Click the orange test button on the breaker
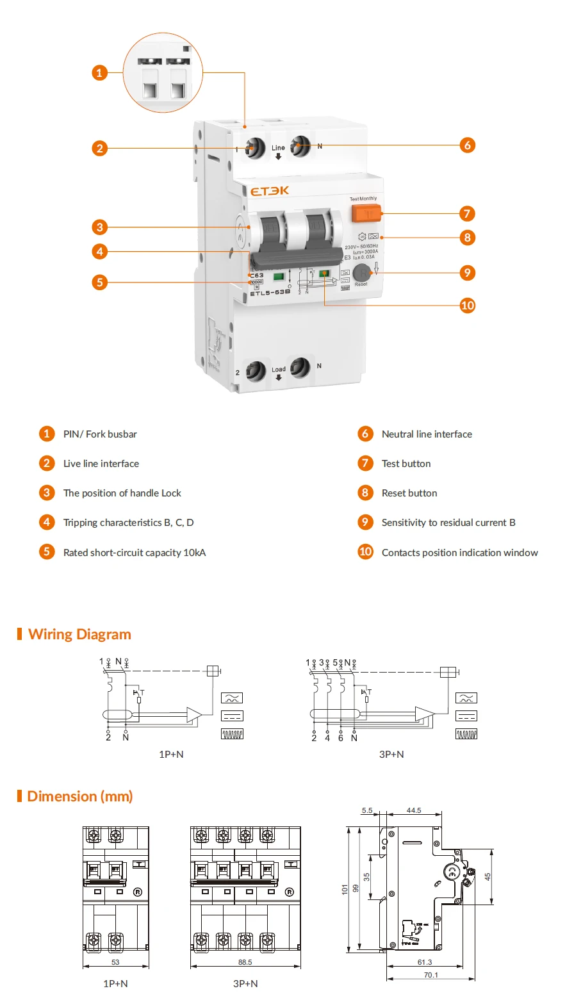point(366,213)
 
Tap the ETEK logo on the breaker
point(269,191)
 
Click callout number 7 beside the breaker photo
point(467,213)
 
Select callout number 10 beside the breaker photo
point(468,306)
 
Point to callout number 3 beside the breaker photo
point(99,227)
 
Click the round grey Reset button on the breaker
point(361,272)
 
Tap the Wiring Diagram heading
point(79,634)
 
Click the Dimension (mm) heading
point(79,796)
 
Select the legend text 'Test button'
point(406,464)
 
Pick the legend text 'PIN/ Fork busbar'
point(100,434)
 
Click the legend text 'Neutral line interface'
point(427,434)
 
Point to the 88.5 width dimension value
point(245,962)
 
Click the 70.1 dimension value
point(431,975)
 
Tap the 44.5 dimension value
point(414,810)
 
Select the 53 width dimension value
point(115,962)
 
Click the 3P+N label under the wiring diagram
point(391,755)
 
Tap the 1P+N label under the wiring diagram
point(171,755)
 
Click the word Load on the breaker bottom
point(279,370)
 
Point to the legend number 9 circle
point(365,522)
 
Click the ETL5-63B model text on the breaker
point(270,293)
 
